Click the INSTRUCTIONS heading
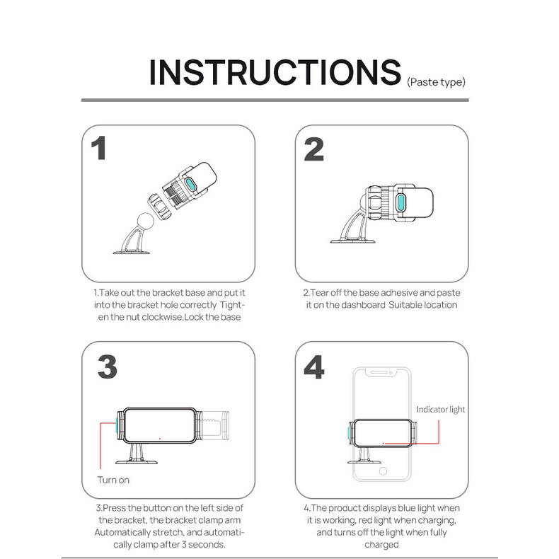point(275,72)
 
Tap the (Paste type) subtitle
point(436,82)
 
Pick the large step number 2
point(313,149)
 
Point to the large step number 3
point(108,367)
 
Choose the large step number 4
point(314,367)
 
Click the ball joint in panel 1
point(146,221)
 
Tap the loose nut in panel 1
point(160,207)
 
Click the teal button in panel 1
point(191,185)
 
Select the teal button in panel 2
point(401,203)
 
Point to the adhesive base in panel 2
point(352,241)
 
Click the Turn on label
point(113,480)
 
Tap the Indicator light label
point(441,409)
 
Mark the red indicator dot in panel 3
point(160,439)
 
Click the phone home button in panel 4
point(384,471)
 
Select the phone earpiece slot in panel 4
point(379,372)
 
